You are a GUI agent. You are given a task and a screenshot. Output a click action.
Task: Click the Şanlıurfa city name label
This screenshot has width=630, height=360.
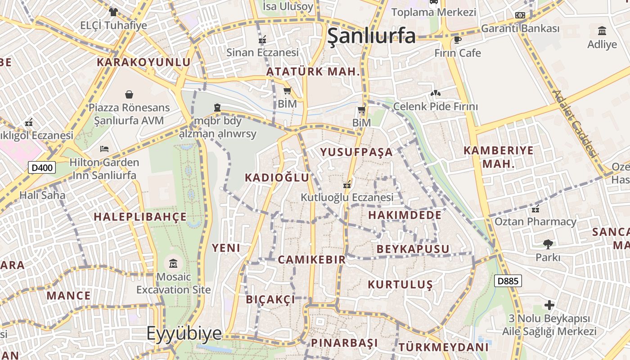point(371,36)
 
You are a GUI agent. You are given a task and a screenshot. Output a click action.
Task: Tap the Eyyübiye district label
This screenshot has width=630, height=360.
point(184,333)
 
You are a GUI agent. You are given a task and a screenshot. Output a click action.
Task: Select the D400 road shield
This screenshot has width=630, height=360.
point(42,168)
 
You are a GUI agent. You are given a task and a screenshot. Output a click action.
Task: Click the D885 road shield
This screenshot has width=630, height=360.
point(508,281)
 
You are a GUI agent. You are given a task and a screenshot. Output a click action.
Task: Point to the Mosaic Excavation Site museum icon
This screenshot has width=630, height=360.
point(173,263)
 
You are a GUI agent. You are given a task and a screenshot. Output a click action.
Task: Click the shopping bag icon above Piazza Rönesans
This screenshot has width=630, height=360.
point(129,94)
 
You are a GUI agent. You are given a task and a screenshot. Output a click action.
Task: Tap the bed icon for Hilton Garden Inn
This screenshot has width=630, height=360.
point(104,148)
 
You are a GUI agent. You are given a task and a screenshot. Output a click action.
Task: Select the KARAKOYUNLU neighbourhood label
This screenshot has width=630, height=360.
point(144,62)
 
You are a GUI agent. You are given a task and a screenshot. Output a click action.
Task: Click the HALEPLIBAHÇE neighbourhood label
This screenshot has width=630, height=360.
point(140,217)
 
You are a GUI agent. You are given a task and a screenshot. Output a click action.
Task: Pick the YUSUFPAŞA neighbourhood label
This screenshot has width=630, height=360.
point(356,152)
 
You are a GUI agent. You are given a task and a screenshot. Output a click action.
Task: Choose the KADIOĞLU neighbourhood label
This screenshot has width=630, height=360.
point(277,178)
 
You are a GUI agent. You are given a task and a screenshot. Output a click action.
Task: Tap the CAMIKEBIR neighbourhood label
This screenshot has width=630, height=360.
point(311,260)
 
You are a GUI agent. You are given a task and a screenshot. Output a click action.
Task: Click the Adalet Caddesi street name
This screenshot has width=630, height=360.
point(576,123)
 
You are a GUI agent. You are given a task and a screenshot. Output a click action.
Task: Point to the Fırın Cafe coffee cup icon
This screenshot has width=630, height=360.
point(458,40)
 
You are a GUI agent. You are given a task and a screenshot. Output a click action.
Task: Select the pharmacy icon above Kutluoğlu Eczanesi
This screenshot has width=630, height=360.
point(347,184)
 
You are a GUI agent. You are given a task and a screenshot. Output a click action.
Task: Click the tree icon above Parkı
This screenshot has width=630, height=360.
point(548,244)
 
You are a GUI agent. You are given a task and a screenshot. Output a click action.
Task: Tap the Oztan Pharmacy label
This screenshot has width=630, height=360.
point(535,222)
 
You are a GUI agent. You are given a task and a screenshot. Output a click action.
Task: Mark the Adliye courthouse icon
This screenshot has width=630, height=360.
point(602,31)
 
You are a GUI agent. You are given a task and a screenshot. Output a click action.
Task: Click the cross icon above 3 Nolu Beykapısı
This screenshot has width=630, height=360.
point(549,305)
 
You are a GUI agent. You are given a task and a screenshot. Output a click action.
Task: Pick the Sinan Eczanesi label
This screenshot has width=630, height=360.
point(262,53)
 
